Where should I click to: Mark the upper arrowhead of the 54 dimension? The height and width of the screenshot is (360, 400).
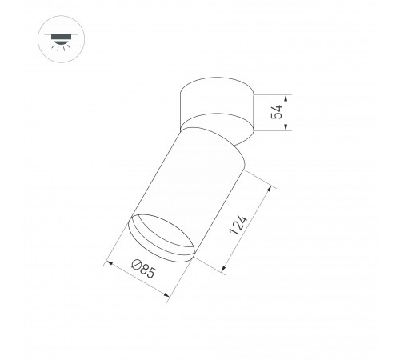tap(283, 96)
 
